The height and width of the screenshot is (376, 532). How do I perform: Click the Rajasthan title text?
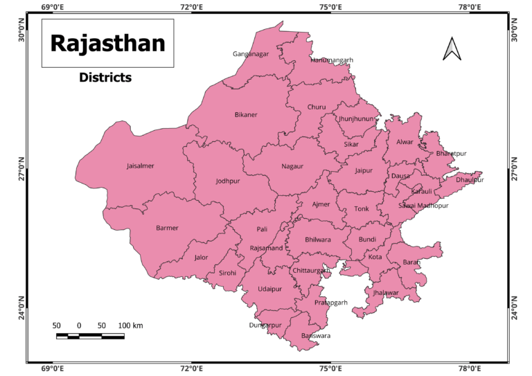coord(107,43)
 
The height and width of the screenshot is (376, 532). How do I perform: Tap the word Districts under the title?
coord(105,78)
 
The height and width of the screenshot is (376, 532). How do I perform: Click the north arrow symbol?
coord(452,48)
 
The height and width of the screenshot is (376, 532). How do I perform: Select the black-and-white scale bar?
coord(90,337)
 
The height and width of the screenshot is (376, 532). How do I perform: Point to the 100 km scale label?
coord(130,325)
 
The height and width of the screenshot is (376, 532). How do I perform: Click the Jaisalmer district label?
coord(140,166)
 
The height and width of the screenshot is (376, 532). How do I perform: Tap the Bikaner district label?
coord(245,114)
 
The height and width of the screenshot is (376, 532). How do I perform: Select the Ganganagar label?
coord(251,54)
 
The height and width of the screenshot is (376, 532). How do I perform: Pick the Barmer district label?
coord(167,228)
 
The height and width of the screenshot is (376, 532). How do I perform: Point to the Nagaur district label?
coord(292,166)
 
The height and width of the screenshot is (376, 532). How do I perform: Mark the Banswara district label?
coord(316,336)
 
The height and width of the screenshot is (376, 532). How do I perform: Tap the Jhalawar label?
coord(386,293)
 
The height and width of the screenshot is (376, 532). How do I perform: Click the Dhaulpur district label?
coord(470,180)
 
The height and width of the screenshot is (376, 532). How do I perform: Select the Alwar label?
coord(405,143)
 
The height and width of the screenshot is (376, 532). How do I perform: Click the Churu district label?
coord(316,107)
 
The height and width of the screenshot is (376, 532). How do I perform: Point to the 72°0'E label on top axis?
coord(191,8)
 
